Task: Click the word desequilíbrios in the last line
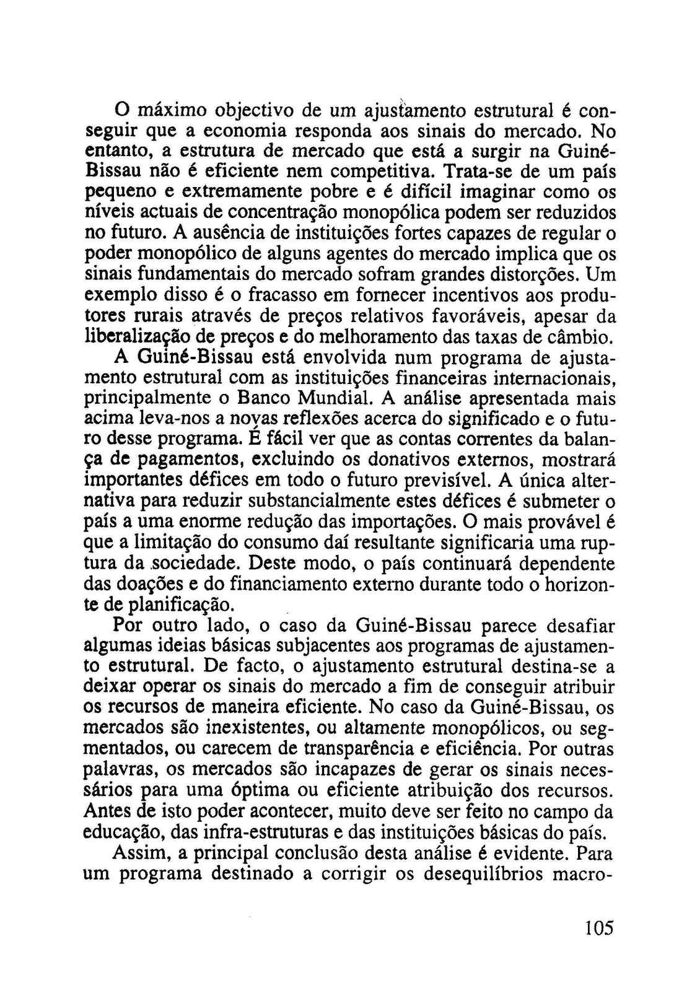coord(489,873)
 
